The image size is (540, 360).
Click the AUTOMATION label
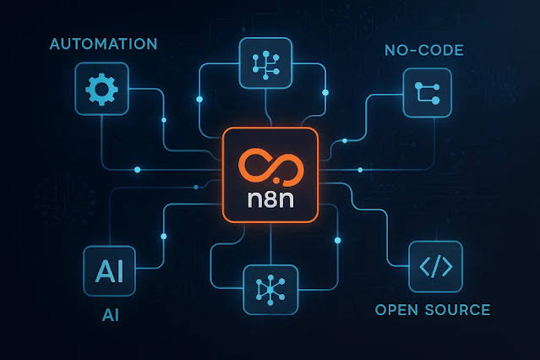coord(103,44)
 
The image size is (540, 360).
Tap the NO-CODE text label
coord(424,51)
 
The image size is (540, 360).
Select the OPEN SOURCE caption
coord(433,309)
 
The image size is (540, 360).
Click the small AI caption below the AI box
coord(111,315)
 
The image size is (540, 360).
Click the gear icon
coord(101,90)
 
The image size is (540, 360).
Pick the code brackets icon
coord(436,266)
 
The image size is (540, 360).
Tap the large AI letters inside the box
coord(109,270)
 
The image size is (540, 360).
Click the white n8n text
coord(270,199)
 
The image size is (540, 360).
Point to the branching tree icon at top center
coord(265,65)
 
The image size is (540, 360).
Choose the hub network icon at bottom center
coord(270,290)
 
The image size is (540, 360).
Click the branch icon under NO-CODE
coord(428,93)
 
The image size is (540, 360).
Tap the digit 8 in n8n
coord(271,199)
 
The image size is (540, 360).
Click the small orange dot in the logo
coord(276,180)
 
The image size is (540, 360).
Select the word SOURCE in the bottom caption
coord(458,309)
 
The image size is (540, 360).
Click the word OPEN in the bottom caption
coord(396,309)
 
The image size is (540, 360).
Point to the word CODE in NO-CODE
coord(441,51)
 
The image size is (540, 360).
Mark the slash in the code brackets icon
coord(436,266)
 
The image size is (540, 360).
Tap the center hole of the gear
coord(101,90)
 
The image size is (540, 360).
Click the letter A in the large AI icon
coord(104,270)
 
